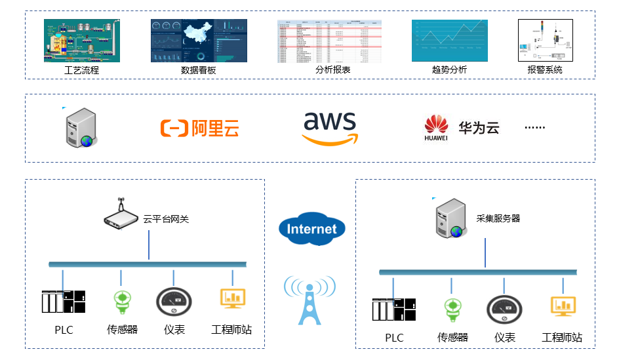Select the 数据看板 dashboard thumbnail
point(199,41)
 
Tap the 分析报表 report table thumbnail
point(332,41)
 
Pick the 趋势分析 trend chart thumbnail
point(449,41)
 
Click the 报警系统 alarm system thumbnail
point(544,41)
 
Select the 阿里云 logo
point(199,128)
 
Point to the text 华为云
point(479,128)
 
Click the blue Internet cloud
point(311,229)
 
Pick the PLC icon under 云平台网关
point(64,302)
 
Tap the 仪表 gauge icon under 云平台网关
point(174,302)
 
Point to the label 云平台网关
point(166,219)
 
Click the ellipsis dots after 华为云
point(534,128)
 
